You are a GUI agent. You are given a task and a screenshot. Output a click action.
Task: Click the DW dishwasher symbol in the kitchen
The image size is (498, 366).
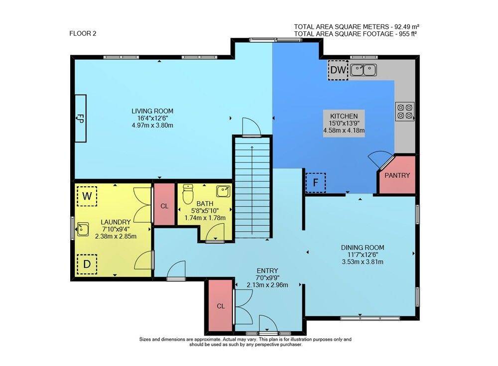[x=338, y=70]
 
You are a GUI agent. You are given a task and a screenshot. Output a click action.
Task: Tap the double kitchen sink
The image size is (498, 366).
[x=363, y=70]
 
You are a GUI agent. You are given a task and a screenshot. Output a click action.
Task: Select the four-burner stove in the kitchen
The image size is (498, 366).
[x=404, y=111]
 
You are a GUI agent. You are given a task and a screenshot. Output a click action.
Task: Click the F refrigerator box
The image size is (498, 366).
[x=315, y=182]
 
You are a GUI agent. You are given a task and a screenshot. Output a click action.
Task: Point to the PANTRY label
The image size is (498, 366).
[x=397, y=175]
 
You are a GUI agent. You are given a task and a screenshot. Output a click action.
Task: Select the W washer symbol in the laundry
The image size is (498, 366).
[x=87, y=195]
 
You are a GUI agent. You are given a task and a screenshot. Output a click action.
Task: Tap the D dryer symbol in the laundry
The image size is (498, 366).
[x=87, y=264]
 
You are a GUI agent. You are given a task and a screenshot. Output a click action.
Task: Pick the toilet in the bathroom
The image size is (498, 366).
[x=188, y=195]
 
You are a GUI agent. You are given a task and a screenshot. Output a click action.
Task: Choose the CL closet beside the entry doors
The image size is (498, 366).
[x=220, y=306]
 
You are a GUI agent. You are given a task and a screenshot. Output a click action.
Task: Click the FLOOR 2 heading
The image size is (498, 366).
[x=82, y=34]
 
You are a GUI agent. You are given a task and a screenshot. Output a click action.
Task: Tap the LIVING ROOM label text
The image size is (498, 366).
[x=152, y=111]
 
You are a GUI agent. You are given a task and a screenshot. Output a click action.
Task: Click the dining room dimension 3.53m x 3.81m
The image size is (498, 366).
[x=363, y=261]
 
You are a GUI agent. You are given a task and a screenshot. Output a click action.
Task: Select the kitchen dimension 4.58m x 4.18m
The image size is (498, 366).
[x=344, y=131]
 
